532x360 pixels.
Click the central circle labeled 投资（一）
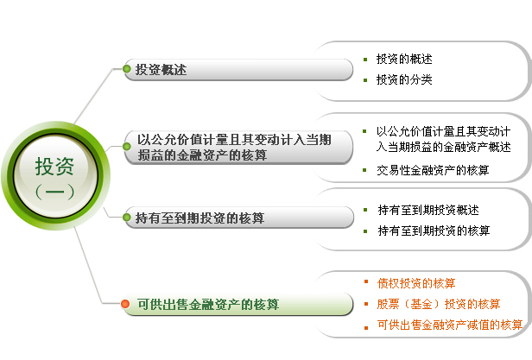point(55,176)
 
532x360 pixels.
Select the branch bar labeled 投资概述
point(238,70)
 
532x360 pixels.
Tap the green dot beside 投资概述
point(127,69)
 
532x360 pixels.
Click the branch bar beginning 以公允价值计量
point(238,148)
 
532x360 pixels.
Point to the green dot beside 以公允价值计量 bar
point(127,146)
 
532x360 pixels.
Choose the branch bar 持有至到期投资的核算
point(238,218)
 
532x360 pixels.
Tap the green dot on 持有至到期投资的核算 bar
point(127,218)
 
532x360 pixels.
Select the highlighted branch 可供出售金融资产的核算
point(237,304)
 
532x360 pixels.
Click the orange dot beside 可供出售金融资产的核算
point(125,304)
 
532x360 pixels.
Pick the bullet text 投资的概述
point(404,59)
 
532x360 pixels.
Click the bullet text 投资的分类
point(404,79)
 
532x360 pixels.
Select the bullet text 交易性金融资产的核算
point(433,170)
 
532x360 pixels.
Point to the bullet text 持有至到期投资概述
point(428,210)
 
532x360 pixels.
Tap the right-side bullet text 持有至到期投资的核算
point(434,231)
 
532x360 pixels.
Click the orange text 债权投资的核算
point(416,283)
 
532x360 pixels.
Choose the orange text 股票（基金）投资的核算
point(439,304)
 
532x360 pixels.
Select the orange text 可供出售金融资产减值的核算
point(450,325)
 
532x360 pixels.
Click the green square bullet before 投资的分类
point(365,80)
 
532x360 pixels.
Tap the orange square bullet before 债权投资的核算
point(366,281)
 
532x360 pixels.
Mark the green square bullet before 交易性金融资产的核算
point(364,170)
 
